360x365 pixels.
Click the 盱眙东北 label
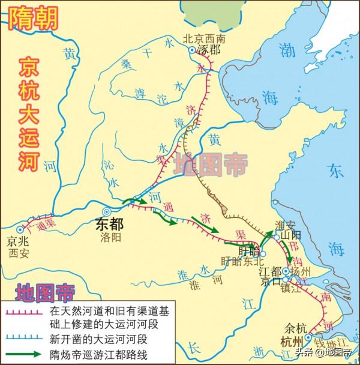[x=241, y=261]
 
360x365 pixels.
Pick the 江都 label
[x=269, y=270]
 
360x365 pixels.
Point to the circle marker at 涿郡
[x=193, y=50]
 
